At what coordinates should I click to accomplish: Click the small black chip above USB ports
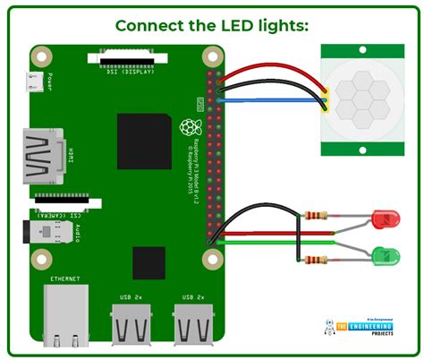(x=149, y=264)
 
